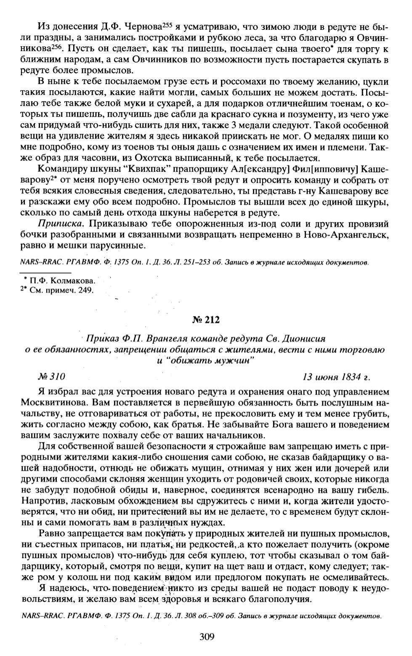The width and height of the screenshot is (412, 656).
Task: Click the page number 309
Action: (207, 636)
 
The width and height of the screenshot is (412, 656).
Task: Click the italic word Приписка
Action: (60, 223)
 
